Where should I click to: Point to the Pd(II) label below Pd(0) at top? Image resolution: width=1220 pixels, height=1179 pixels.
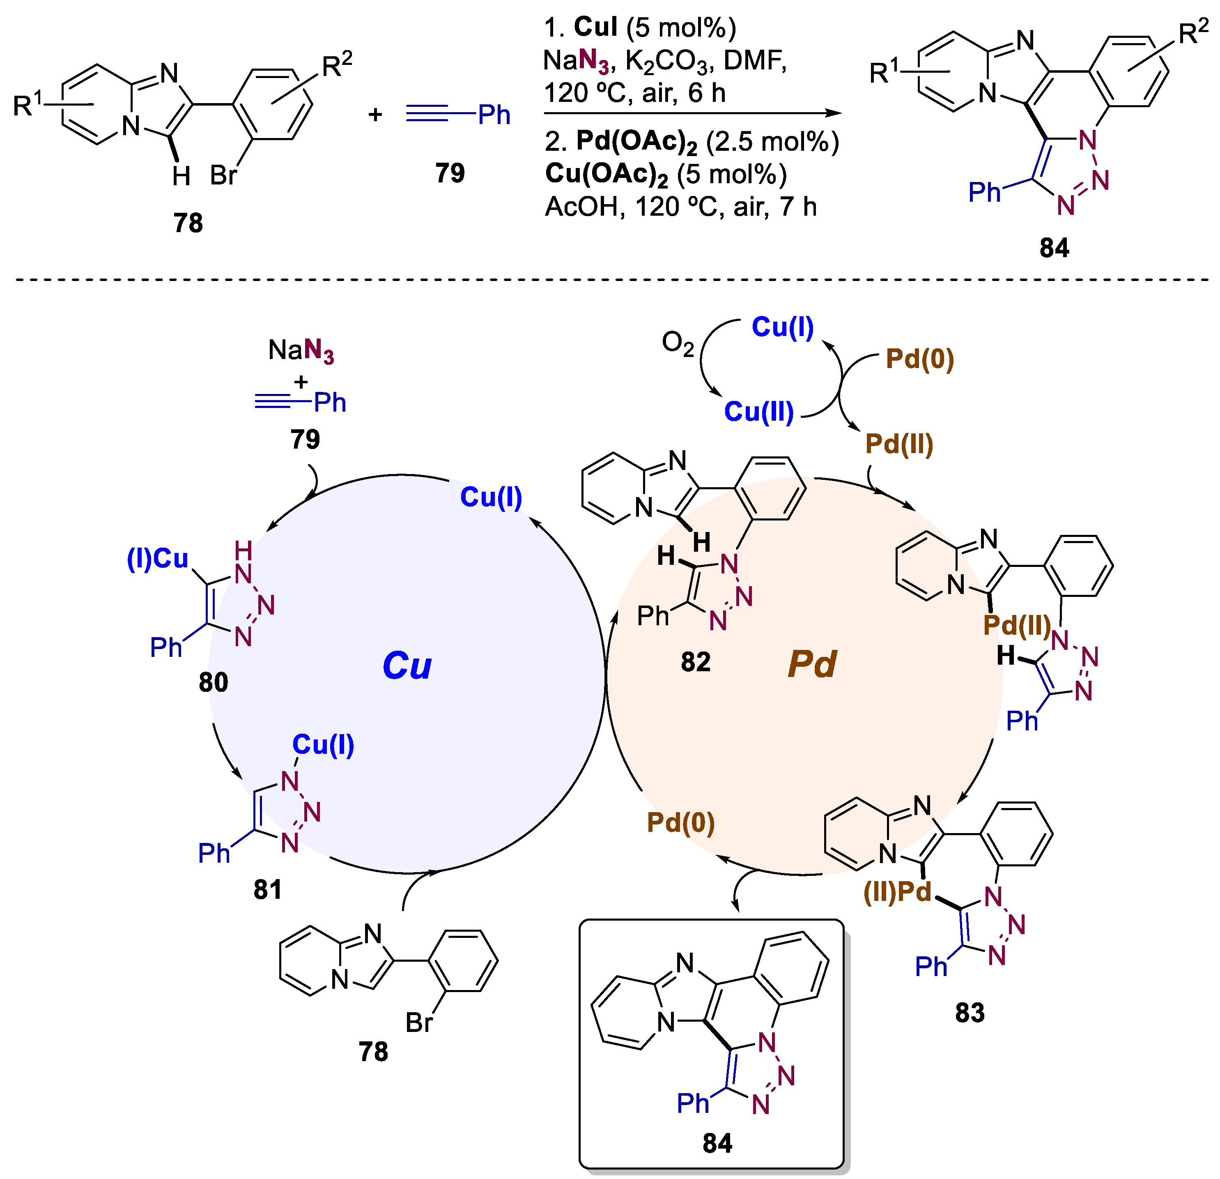click(x=899, y=444)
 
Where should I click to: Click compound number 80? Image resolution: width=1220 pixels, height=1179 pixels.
click(x=214, y=683)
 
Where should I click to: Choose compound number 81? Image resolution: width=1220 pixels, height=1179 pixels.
click(x=268, y=889)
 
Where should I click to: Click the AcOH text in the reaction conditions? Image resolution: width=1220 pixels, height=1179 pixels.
click(x=584, y=207)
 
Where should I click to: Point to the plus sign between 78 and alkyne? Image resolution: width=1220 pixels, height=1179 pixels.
click(x=375, y=115)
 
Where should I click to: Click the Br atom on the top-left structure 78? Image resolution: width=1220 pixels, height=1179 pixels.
click(x=223, y=176)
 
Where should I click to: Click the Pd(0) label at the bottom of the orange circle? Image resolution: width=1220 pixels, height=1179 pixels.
click(x=680, y=823)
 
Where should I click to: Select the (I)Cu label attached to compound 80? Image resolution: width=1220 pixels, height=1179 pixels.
click(x=158, y=559)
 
